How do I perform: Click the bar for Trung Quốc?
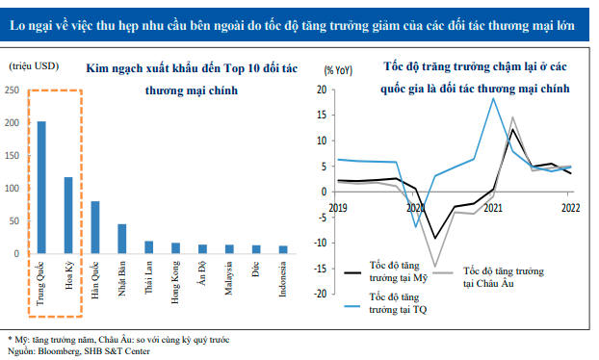(41, 188)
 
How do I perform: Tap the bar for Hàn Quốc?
(95, 228)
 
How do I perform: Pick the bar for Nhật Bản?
(122, 240)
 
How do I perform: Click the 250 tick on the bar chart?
(12, 90)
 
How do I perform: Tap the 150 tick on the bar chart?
(12, 156)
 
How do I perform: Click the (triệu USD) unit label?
(33, 66)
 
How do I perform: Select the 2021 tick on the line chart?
(492, 207)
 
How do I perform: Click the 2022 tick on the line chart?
(569, 207)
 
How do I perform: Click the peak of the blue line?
(494, 98)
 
